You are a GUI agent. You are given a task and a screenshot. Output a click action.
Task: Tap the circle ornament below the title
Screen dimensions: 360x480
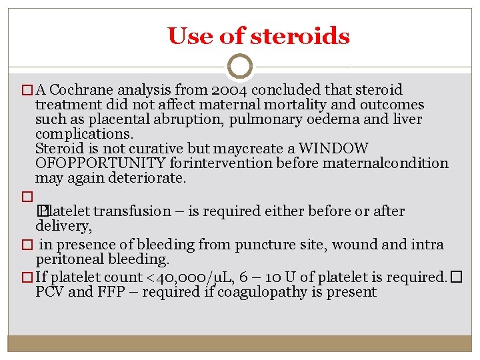tap(240, 67)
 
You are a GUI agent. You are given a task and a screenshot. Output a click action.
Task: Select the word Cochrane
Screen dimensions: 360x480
tap(80, 89)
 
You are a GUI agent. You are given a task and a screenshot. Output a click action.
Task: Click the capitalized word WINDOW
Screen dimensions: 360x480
tap(333, 148)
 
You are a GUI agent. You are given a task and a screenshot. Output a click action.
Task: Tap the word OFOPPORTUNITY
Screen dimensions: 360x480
tap(100, 163)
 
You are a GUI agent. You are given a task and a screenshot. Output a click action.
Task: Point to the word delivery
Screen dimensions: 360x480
tap(62, 226)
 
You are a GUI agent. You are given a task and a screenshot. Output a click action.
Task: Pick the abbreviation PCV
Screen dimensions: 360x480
tap(49, 292)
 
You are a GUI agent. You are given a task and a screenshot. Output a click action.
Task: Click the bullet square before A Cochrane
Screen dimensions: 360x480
tap(27, 90)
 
